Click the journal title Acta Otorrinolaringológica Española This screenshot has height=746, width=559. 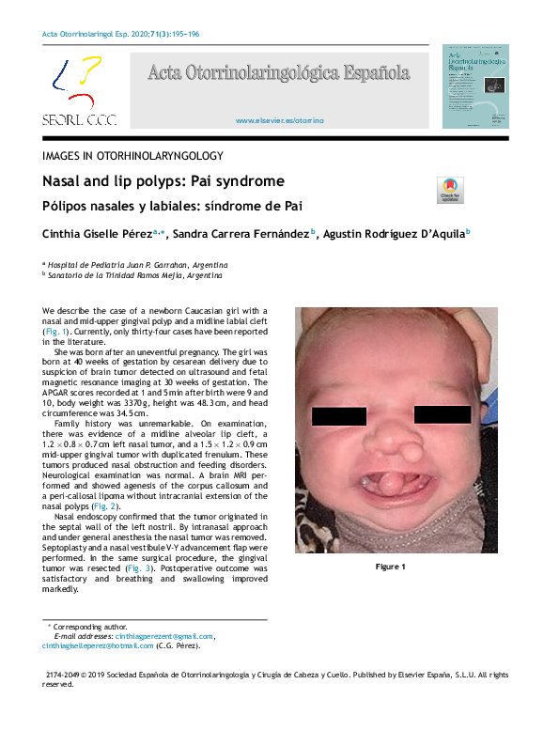click(278, 72)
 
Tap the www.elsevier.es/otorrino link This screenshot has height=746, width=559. click(279, 121)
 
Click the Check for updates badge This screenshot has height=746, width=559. click(450, 190)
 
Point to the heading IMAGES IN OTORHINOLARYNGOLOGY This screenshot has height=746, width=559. click(132, 155)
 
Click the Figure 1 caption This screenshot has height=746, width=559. click(391, 567)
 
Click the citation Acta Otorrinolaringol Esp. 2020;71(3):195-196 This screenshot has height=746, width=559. click(121, 35)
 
